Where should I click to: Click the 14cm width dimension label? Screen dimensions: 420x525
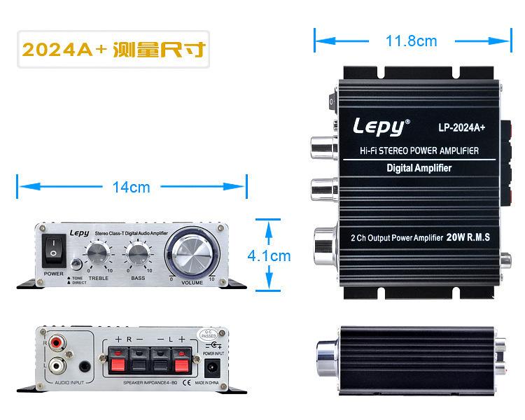(x=131, y=187)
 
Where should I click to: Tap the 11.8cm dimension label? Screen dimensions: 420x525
(x=411, y=41)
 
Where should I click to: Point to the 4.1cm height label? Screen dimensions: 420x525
(x=269, y=256)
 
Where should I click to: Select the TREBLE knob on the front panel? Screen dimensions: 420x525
(x=97, y=253)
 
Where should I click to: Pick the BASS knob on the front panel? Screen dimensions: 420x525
(x=137, y=253)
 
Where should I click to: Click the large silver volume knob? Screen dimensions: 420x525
(x=192, y=253)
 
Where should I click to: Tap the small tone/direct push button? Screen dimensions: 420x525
(x=76, y=265)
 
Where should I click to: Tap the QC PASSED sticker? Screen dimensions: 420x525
(x=209, y=335)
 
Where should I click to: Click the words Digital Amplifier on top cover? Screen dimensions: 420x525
(x=419, y=168)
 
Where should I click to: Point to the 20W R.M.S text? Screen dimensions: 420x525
(x=468, y=238)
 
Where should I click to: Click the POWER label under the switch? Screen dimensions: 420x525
(x=54, y=273)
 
